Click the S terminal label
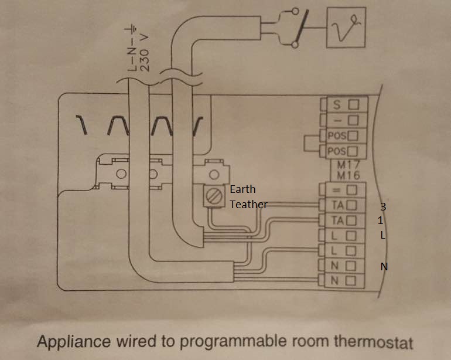(x=337, y=106)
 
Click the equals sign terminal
(x=337, y=190)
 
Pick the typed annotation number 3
(x=383, y=207)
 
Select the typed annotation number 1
(x=381, y=220)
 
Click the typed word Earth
(x=242, y=189)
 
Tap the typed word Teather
(x=248, y=204)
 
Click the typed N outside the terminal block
(x=384, y=267)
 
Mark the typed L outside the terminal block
(x=382, y=235)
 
